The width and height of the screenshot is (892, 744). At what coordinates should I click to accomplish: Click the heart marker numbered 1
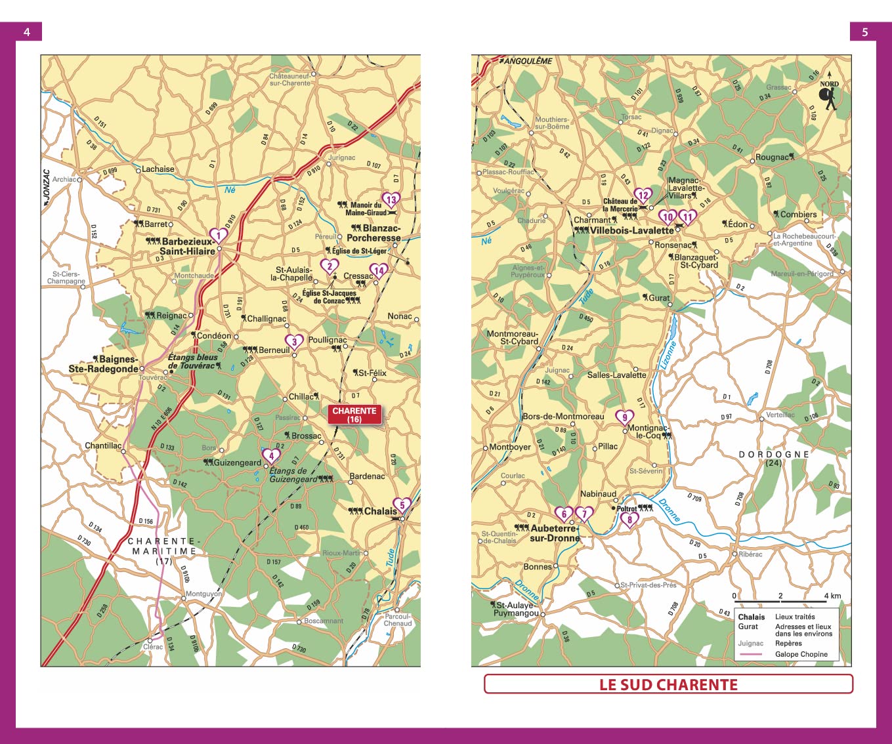[x=218, y=235]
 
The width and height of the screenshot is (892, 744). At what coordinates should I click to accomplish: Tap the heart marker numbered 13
[x=391, y=199]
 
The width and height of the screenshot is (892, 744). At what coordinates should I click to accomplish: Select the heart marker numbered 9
[x=624, y=417]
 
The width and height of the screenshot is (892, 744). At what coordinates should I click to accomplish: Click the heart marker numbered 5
[x=402, y=505]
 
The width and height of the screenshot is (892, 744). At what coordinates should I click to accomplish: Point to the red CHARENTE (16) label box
[x=354, y=415]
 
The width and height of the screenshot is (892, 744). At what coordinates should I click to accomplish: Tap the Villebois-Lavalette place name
[x=631, y=230]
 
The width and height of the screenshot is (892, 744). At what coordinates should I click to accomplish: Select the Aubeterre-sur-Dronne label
[x=555, y=533]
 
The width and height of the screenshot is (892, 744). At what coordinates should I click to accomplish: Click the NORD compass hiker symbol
[x=829, y=97]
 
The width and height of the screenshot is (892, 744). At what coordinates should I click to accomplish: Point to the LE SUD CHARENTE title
[x=668, y=684]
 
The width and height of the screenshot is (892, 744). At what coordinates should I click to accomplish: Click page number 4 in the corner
[x=26, y=31]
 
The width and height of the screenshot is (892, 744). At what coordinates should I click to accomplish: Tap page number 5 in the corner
[x=864, y=31]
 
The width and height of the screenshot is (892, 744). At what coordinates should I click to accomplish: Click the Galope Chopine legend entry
[x=801, y=654]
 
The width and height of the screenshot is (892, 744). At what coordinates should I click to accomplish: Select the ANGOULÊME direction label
[x=528, y=61]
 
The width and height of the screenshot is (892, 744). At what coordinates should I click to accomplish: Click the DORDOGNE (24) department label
[x=773, y=458]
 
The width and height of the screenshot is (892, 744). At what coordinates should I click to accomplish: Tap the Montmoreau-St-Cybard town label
[x=512, y=337]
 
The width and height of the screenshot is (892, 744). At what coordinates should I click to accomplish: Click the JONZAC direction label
[x=46, y=188]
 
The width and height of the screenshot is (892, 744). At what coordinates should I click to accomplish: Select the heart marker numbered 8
[x=629, y=520]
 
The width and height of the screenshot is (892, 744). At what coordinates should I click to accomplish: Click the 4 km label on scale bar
[x=832, y=596]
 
